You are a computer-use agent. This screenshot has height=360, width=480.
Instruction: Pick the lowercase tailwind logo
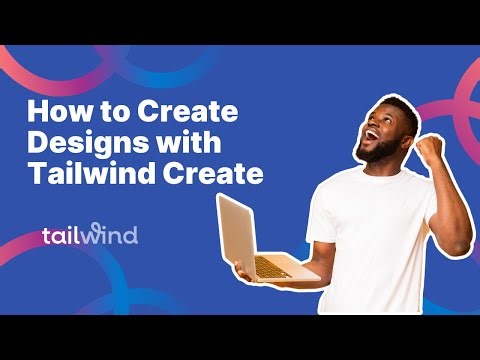click(89, 236)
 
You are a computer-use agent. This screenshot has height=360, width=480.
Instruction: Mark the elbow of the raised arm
click(461, 240)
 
